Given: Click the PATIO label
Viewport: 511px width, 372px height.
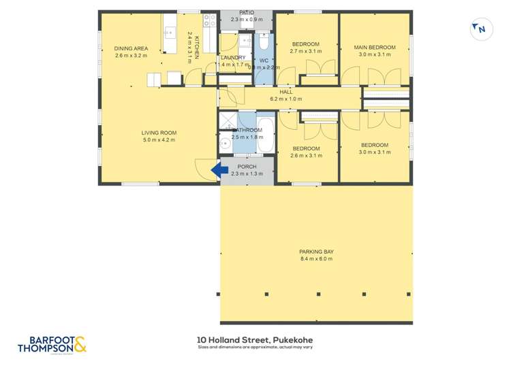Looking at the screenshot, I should [x=247, y=12].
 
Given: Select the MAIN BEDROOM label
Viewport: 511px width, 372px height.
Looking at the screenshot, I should [x=375, y=47].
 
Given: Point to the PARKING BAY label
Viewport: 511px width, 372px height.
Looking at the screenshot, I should [x=316, y=252].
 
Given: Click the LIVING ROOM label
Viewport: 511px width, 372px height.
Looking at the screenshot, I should [x=159, y=133].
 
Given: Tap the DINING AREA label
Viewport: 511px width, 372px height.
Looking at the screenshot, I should [x=131, y=48].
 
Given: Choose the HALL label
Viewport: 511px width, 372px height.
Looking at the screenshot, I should [x=285, y=92].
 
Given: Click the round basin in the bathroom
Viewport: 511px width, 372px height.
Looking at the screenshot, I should [x=226, y=144].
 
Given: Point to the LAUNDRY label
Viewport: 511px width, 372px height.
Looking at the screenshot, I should [x=233, y=58].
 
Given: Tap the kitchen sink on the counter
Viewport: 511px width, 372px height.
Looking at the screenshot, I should [x=169, y=33].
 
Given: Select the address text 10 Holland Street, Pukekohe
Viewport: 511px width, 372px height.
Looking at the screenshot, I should [x=255, y=340].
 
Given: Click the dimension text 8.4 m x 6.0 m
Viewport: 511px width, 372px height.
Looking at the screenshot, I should [x=316, y=259].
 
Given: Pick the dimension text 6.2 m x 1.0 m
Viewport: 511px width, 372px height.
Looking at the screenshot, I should [x=285, y=99].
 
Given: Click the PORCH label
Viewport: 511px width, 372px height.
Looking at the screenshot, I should [x=247, y=166].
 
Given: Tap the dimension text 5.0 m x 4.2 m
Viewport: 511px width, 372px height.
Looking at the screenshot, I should [x=159, y=140].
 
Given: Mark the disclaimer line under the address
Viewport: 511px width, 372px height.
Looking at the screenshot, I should [x=255, y=348].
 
